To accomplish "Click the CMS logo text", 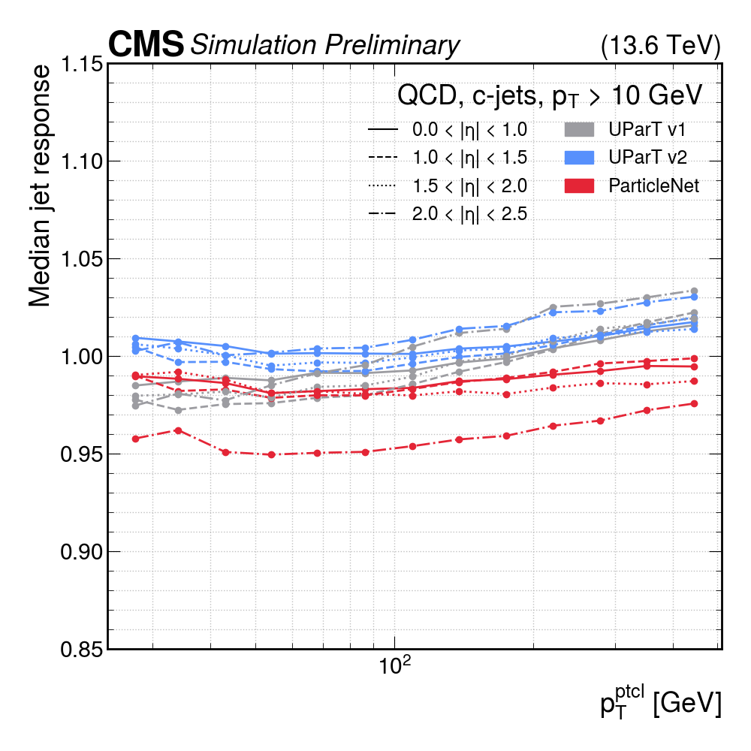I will (x=146, y=45).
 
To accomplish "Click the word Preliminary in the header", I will (x=391, y=46).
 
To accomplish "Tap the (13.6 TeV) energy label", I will (x=661, y=47).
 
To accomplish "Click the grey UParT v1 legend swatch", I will (x=578, y=129).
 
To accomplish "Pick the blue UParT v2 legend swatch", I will (x=578, y=158).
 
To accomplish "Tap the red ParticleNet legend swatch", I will (x=578, y=185).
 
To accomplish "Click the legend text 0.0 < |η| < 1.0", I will (x=469, y=130).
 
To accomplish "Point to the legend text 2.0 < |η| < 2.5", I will (x=469, y=214).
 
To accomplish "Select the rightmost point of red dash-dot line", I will (x=694, y=404).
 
